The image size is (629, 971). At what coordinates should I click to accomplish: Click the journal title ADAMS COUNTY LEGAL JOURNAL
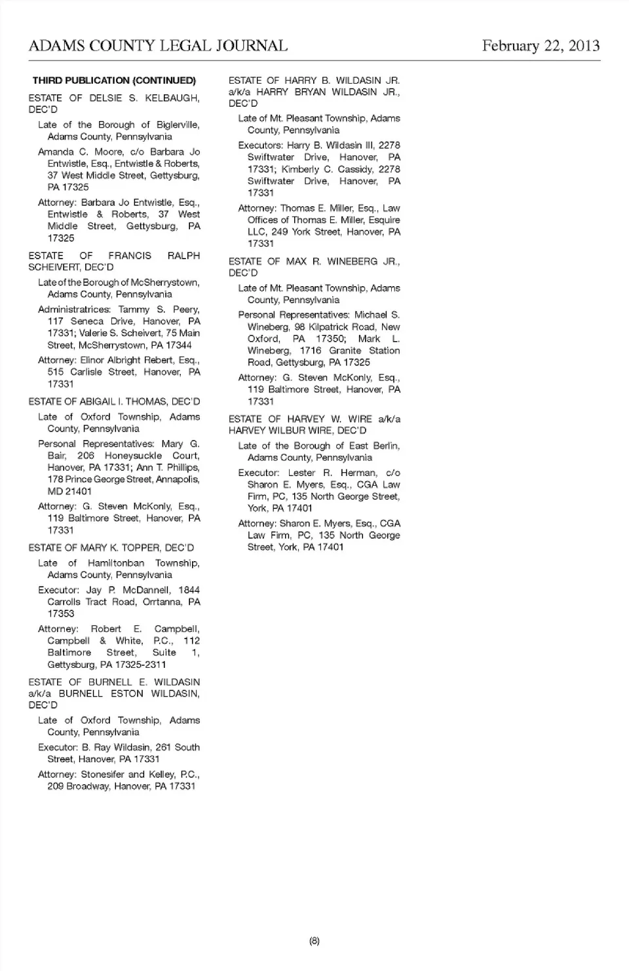point(158,46)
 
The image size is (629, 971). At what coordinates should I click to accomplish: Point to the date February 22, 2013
point(541,46)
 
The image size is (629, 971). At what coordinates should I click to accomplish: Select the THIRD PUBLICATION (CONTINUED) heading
point(114,81)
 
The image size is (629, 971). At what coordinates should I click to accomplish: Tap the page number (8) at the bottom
point(314,941)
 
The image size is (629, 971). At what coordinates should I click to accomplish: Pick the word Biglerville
point(178,125)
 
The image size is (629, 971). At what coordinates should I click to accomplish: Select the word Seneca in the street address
point(87,321)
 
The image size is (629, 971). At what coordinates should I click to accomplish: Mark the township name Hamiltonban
point(116,563)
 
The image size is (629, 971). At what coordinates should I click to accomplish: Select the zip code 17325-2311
point(140,665)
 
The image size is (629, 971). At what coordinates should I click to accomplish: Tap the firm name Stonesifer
point(103,774)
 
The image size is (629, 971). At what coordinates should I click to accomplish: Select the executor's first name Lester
point(301,473)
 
